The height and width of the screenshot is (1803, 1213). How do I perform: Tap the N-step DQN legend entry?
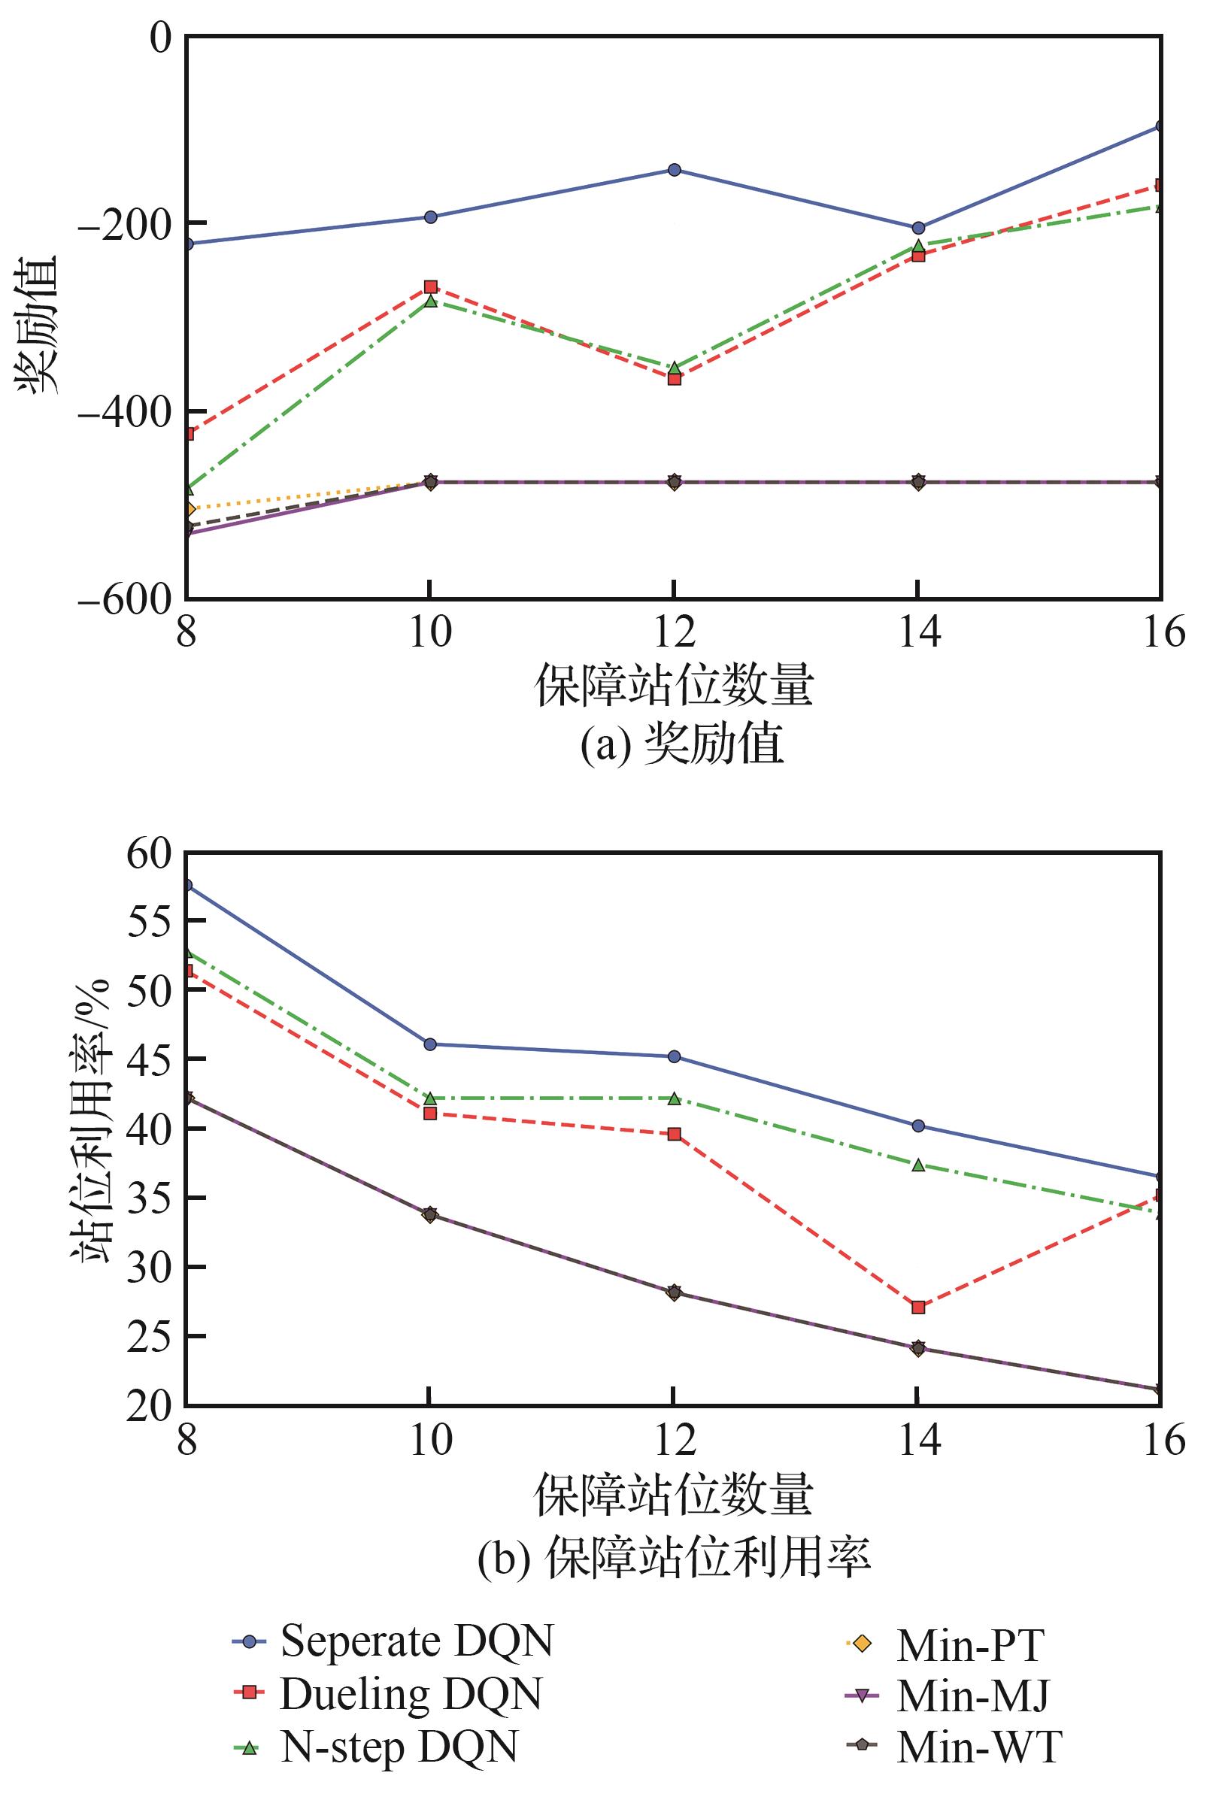pos(375,1747)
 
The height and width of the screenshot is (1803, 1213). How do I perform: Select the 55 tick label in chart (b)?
pos(150,923)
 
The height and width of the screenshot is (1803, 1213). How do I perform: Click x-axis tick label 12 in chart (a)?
pos(673,633)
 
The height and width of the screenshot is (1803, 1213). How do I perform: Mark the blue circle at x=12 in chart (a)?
pos(674,170)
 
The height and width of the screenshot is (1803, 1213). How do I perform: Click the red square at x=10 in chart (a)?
pos(430,287)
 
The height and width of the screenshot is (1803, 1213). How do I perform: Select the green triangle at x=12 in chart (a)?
pos(674,368)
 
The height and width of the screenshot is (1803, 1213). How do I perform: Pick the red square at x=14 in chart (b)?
pos(917,1308)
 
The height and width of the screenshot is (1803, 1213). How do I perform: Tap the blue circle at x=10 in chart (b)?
pos(430,1044)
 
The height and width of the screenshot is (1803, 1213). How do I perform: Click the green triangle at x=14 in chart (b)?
pos(917,1164)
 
